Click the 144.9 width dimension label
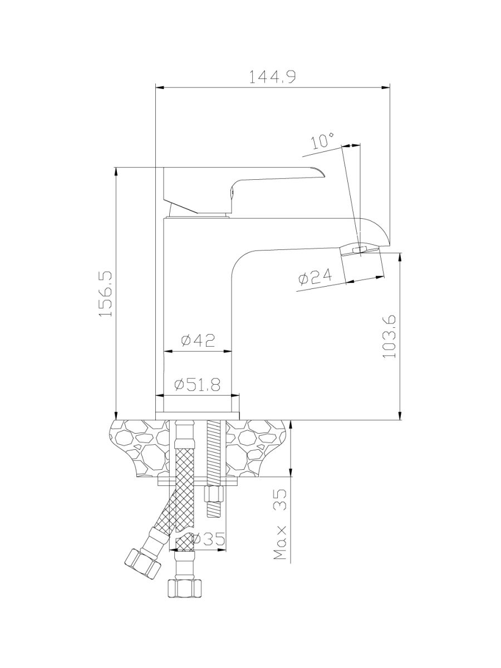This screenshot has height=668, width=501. [x=272, y=77]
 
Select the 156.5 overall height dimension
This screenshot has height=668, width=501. [x=106, y=294]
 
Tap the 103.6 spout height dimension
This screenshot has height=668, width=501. [x=390, y=337]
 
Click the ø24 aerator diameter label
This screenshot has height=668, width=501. [x=315, y=277]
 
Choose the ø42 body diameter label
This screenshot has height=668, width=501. [x=198, y=341]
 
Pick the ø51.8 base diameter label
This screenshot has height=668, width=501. [x=197, y=385]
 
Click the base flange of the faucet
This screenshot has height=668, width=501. [x=198, y=416]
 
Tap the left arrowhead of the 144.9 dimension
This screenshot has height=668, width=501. [x=160, y=87]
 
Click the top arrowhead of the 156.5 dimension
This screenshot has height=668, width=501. [x=116, y=171]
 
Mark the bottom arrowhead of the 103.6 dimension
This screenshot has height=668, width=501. [x=401, y=416]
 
